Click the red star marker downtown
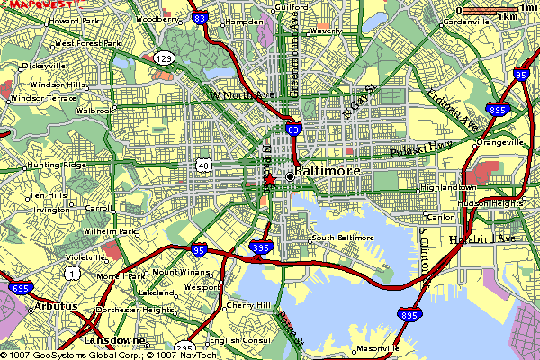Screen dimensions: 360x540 click(x=268, y=180)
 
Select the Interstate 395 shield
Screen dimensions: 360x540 click(x=261, y=247)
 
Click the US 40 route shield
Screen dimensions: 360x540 click(x=205, y=166)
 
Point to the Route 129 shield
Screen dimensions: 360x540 click(x=164, y=58)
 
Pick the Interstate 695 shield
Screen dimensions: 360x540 click(x=19, y=289)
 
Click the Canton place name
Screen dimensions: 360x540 click(x=444, y=217)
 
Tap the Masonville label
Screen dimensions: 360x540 click(x=377, y=348)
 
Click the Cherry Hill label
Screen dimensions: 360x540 click(x=250, y=306)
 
